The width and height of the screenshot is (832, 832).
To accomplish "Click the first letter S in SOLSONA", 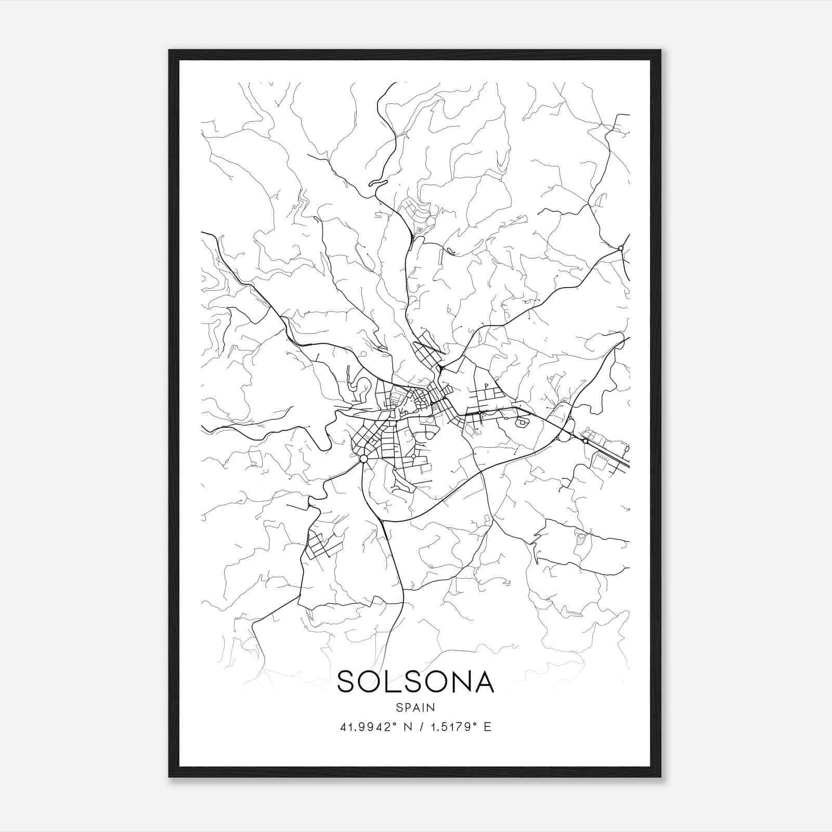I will tap(347, 682).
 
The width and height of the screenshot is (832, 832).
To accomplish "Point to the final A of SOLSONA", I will tap(483, 682).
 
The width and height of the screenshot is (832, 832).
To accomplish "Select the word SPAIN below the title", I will tap(415, 708).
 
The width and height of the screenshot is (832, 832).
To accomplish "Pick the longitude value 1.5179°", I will tap(450, 727).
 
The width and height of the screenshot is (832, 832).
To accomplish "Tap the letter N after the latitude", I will tap(408, 727).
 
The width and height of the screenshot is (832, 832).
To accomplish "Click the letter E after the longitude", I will tap(487, 727).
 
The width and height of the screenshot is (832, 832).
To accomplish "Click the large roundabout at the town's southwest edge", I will tap(363, 459).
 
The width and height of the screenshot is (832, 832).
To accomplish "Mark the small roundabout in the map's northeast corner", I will tap(620, 248).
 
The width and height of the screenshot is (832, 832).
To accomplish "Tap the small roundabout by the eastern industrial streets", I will tap(586, 441).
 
